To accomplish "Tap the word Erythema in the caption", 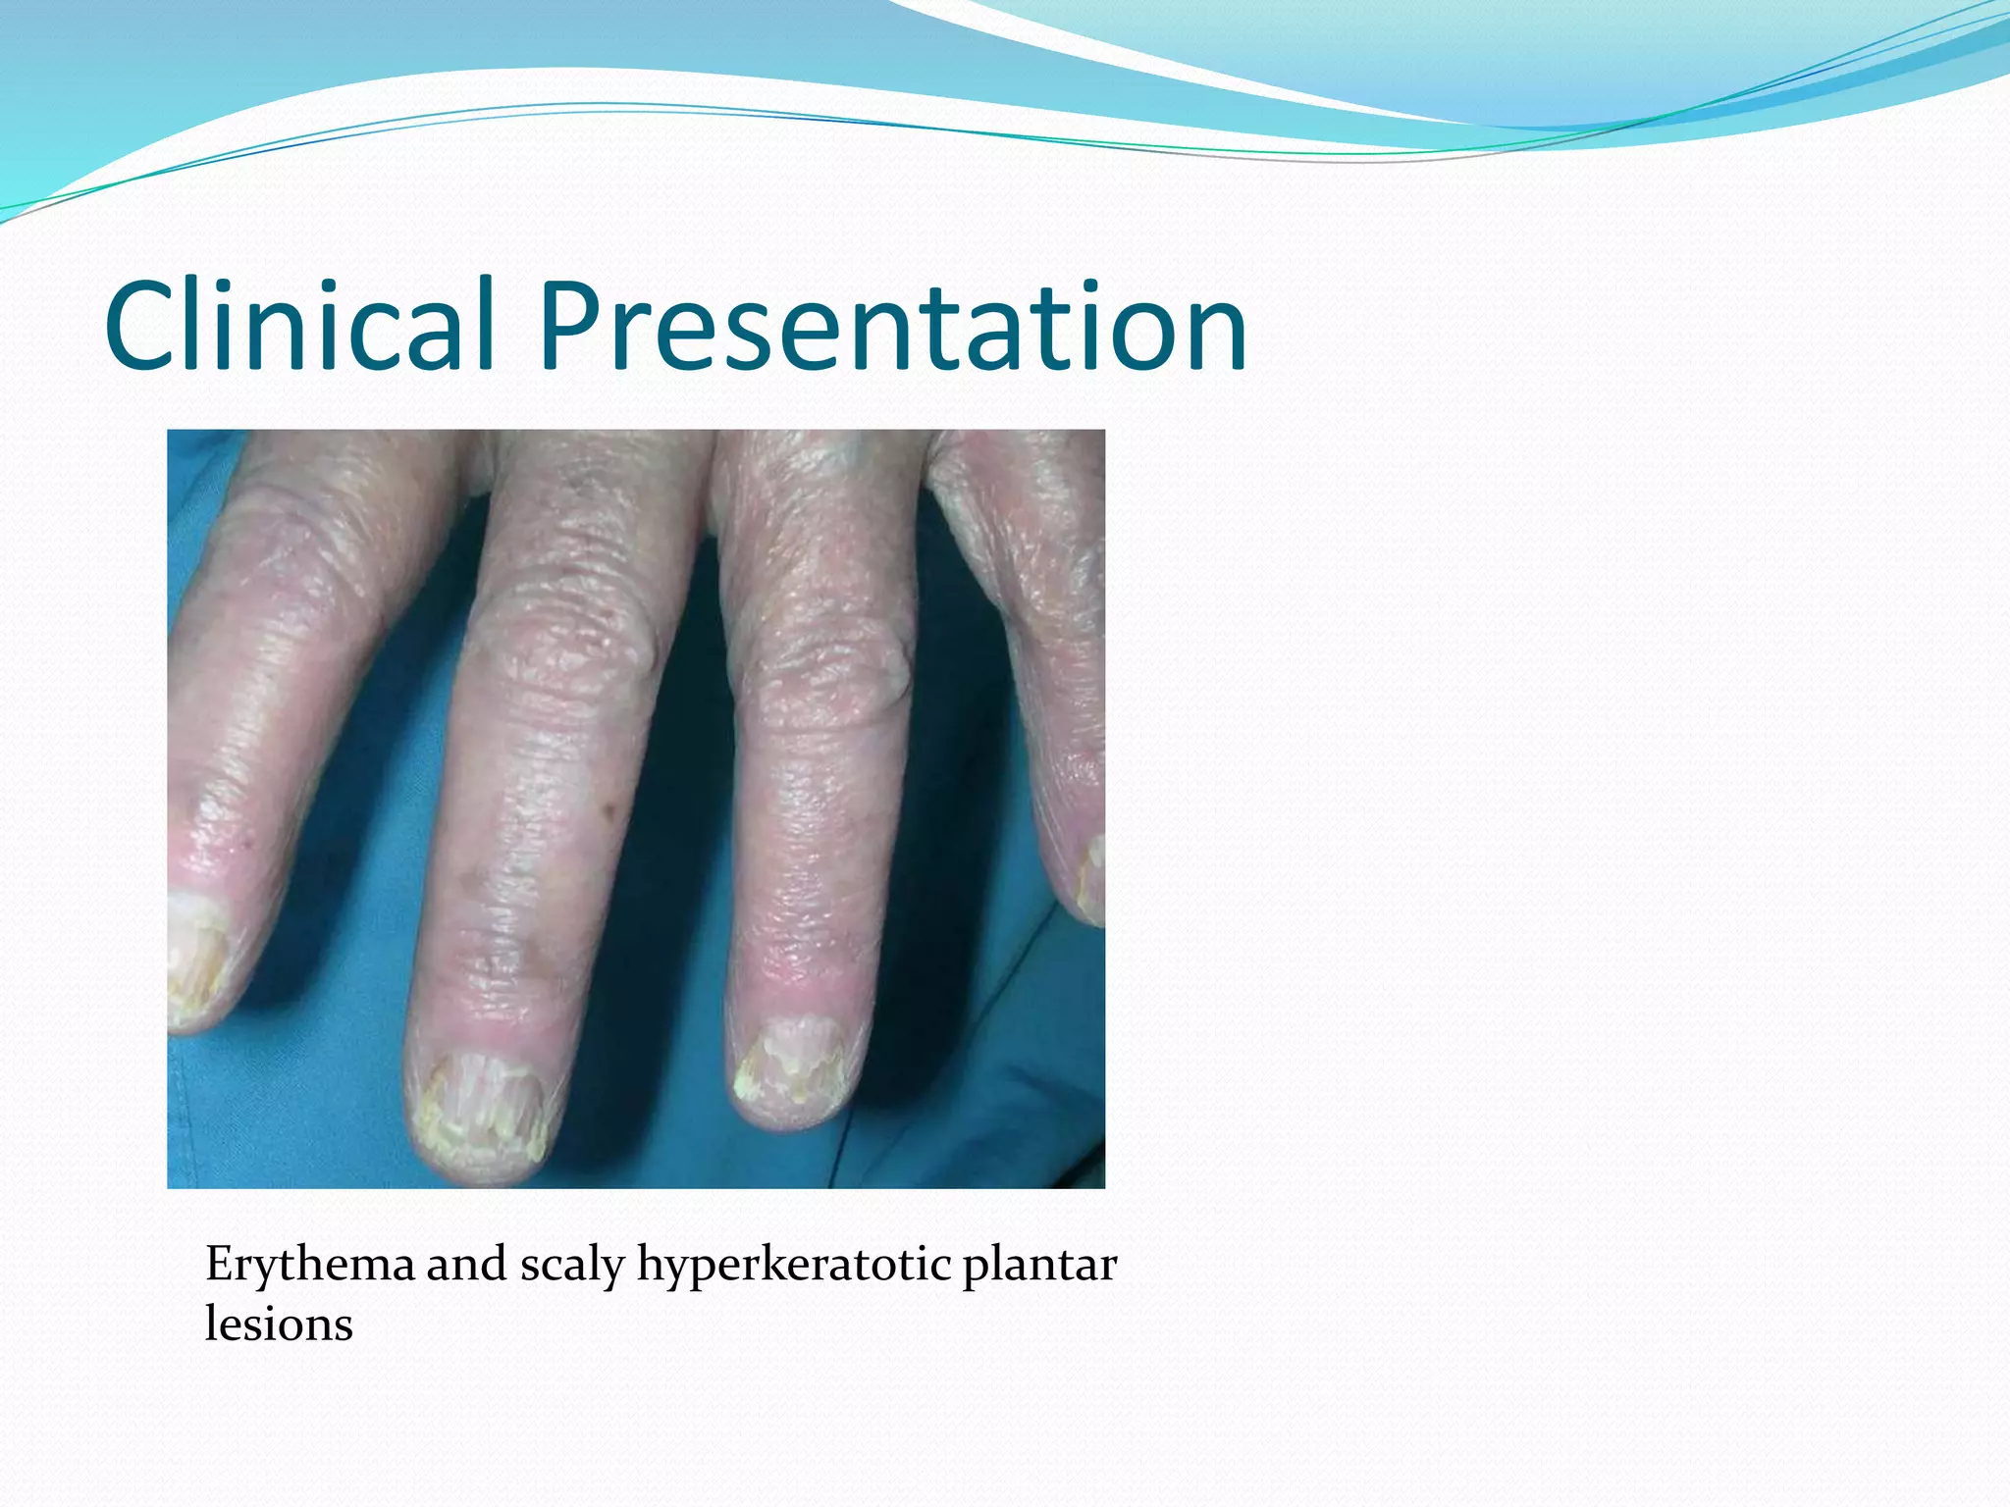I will (309, 1265).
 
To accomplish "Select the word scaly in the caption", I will (571, 1265).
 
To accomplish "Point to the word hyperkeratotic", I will (793, 1265).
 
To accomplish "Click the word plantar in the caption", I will (1038, 1265).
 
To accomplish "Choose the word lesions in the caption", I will (278, 1325).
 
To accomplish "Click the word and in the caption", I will (466, 1265).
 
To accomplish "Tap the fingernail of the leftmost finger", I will (196, 952).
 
